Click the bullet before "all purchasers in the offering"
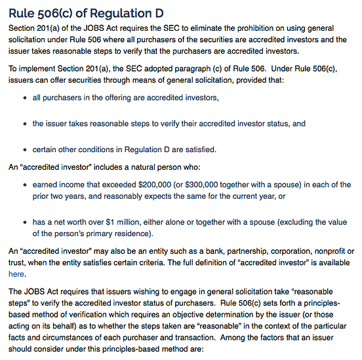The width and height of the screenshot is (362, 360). [x=25, y=98]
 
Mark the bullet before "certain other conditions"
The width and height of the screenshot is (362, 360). [x=25, y=150]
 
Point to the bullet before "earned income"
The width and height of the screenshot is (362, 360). [x=25, y=185]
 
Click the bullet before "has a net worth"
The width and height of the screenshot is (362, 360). [x=25, y=222]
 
